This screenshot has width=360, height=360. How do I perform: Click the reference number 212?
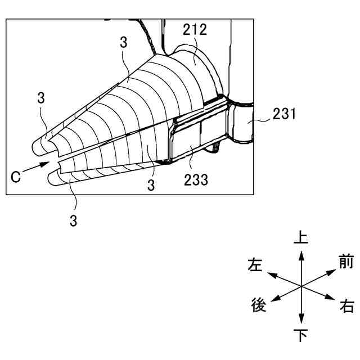click(195, 30)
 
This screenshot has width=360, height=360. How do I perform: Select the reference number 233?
click(196, 180)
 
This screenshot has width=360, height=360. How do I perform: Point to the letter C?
click(16, 176)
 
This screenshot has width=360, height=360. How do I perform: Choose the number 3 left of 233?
click(151, 185)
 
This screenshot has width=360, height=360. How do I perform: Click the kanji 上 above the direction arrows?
click(301, 237)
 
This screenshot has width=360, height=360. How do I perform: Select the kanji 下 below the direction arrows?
click(301, 336)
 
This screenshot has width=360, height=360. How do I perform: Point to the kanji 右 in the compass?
click(347, 307)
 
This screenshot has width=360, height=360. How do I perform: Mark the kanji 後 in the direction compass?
click(258, 306)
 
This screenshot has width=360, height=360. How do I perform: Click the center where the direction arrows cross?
click(301, 286)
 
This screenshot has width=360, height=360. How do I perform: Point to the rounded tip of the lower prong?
click(52, 178)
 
